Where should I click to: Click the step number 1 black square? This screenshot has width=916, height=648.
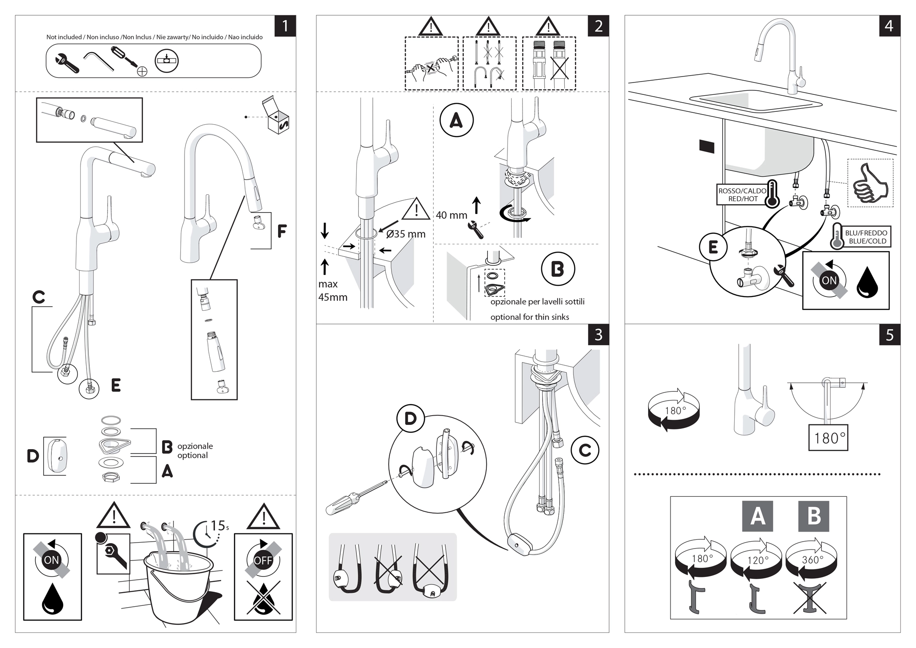285,26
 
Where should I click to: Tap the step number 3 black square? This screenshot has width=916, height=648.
598,335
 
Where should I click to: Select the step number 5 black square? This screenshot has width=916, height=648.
889,335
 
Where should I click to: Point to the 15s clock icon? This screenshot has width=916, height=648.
207,533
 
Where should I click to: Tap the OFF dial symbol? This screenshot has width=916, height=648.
263,560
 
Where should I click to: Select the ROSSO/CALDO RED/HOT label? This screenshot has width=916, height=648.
742,195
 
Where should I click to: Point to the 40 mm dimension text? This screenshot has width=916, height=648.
451,215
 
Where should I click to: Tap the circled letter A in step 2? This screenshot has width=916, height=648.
456,121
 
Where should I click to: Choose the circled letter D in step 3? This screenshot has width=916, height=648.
410,418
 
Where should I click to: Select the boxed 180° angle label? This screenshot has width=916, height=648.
828,438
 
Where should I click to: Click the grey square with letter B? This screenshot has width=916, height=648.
813,516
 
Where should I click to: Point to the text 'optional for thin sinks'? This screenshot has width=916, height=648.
529,317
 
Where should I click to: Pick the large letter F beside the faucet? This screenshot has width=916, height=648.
282,231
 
